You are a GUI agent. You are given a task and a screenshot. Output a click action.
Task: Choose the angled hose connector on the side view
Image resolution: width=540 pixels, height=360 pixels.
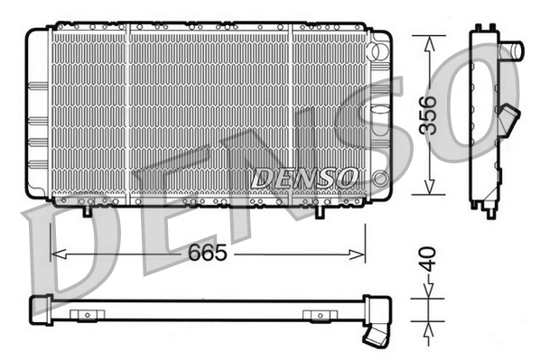[512, 119]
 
